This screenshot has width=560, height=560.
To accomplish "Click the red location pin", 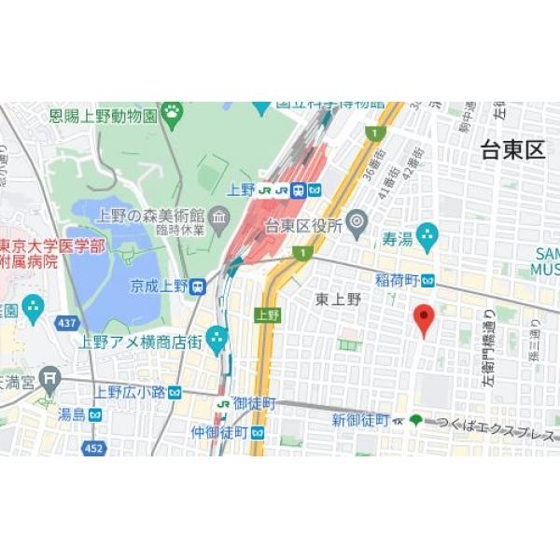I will [x=424, y=320].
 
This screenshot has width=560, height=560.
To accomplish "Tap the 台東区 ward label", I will [x=512, y=150].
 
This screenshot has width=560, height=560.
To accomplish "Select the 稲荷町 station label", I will [x=398, y=280].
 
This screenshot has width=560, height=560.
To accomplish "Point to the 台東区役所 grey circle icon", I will [x=357, y=222].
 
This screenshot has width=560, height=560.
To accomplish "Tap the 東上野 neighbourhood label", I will [x=337, y=299].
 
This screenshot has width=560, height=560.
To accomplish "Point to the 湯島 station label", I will [x=71, y=413].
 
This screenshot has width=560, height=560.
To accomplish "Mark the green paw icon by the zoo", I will [x=173, y=114].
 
